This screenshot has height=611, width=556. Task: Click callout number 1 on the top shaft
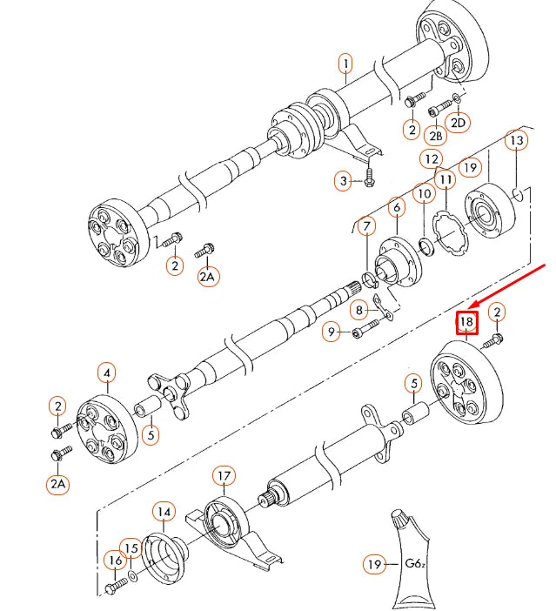345,64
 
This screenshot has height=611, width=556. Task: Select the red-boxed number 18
467,323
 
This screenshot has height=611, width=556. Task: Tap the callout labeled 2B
435,136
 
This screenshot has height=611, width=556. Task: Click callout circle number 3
345,181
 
